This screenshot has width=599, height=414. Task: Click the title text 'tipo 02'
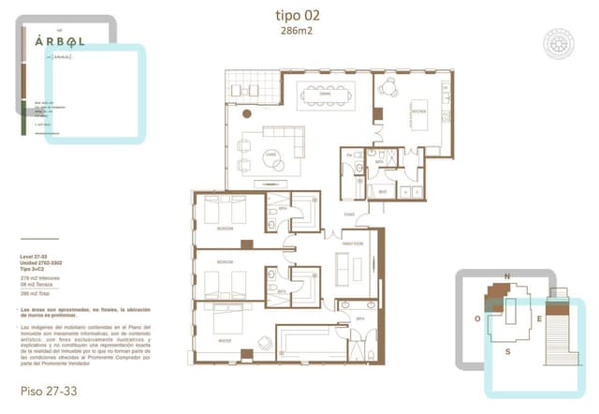[x=298, y=14]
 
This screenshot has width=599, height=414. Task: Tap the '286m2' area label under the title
[x=298, y=31]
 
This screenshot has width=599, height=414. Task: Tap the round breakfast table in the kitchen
[x=389, y=90]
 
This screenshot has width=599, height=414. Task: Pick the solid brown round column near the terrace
[x=247, y=112]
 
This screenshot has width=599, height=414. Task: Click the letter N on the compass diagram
[x=506, y=277]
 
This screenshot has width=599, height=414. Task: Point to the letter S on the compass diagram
[x=506, y=351]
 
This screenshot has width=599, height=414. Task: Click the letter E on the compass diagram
[x=539, y=318]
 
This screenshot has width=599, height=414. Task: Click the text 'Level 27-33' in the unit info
[x=38, y=255]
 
